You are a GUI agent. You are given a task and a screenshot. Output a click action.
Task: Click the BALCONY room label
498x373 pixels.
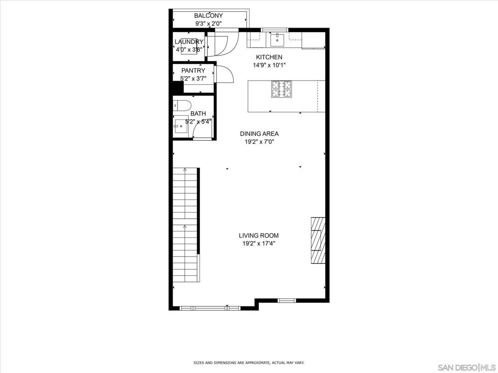(x=208, y=16)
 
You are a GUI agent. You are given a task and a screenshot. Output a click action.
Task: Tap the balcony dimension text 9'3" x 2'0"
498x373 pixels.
(x=208, y=23)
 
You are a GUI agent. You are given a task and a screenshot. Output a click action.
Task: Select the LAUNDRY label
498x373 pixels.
(x=189, y=42)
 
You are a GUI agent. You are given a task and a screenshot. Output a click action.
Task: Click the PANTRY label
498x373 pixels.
(x=193, y=70)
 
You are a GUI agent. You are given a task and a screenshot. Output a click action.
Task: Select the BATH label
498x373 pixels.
(x=198, y=114)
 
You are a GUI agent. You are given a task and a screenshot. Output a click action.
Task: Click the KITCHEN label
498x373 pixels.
(x=269, y=57)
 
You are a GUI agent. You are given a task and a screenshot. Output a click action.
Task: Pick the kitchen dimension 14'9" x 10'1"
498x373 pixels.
(x=269, y=65)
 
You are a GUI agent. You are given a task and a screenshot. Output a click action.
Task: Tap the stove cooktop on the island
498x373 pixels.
(x=281, y=89)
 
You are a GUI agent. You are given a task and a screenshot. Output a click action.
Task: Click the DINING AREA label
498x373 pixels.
(x=259, y=134)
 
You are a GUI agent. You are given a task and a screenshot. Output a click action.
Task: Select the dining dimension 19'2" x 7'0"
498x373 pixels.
(x=259, y=142)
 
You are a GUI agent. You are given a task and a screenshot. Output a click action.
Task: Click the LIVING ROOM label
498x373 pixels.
(x=259, y=236)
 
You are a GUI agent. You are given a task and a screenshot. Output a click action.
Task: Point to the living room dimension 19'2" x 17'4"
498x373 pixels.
(x=259, y=243)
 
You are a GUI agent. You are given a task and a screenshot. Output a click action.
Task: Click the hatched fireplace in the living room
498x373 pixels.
(x=318, y=240)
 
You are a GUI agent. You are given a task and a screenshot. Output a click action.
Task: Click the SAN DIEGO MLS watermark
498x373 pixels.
(x=465, y=367)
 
